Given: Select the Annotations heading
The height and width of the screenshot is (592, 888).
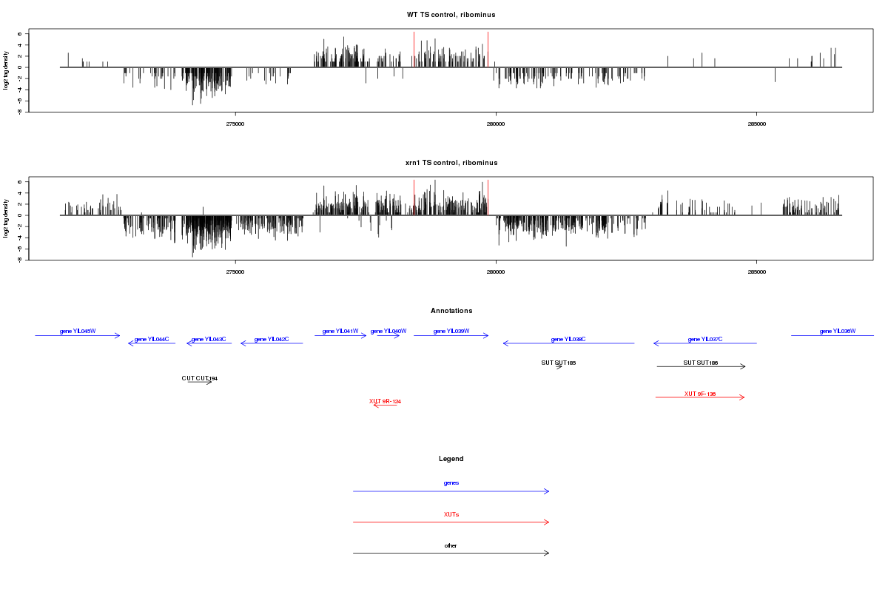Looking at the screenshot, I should click(x=451, y=311).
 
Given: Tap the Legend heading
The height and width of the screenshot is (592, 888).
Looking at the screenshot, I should click(x=451, y=459).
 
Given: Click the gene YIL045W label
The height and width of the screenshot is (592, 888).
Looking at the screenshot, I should click(x=78, y=331).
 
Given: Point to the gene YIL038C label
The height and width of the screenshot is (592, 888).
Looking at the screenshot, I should click(x=568, y=339).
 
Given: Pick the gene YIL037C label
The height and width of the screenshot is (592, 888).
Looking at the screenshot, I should click(x=705, y=339).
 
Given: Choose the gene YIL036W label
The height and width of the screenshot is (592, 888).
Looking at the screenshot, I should click(x=838, y=331).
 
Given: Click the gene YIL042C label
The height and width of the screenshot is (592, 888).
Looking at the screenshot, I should click(x=272, y=339).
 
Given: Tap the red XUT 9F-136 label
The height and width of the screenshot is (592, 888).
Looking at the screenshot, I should click(x=700, y=394).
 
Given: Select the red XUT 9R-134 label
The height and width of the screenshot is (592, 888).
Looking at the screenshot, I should click(x=385, y=401).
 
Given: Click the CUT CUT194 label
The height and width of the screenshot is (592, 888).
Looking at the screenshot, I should click(x=200, y=378).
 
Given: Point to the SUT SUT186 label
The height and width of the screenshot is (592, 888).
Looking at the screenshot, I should click(x=701, y=363).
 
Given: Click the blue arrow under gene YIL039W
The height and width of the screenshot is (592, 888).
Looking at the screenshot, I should click(x=451, y=336).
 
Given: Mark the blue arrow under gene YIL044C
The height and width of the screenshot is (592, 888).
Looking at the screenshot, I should click(x=152, y=343).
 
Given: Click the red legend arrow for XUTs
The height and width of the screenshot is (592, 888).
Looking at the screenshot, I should click(x=451, y=522).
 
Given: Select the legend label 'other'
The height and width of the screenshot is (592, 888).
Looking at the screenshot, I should click(x=451, y=545).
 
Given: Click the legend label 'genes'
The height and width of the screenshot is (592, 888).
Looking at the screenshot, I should click(x=451, y=482).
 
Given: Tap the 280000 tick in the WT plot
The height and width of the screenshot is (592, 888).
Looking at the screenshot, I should click(x=496, y=124).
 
